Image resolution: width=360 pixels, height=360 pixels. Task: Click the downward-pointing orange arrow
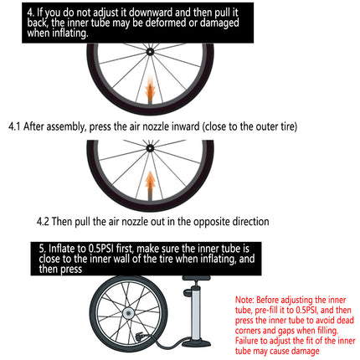pyautogui.click(x=150, y=90)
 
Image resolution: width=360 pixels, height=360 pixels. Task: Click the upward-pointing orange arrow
pyautogui.click(x=150, y=184)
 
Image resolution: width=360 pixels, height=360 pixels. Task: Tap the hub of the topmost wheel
pyautogui.click(x=150, y=51)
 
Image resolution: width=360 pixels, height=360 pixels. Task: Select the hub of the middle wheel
pyautogui.click(x=150, y=148)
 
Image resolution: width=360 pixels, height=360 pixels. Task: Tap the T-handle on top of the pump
pyautogui.click(x=196, y=278)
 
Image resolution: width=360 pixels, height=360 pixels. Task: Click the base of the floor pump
pyautogui.click(x=197, y=342)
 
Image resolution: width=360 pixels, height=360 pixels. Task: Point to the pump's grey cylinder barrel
pyautogui.click(x=196, y=312)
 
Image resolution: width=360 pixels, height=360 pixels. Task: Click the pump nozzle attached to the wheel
pyautogui.click(x=139, y=336)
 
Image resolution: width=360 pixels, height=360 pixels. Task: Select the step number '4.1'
pyautogui.click(x=14, y=126)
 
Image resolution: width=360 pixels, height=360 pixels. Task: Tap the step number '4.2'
pyautogui.click(x=43, y=222)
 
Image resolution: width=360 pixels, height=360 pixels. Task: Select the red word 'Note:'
pyautogui.click(x=244, y=300)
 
